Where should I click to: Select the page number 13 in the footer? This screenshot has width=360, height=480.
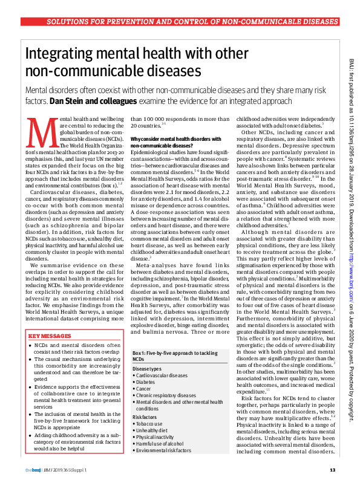pos(332,470)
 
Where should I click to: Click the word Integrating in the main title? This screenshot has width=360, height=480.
pos(63,54)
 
